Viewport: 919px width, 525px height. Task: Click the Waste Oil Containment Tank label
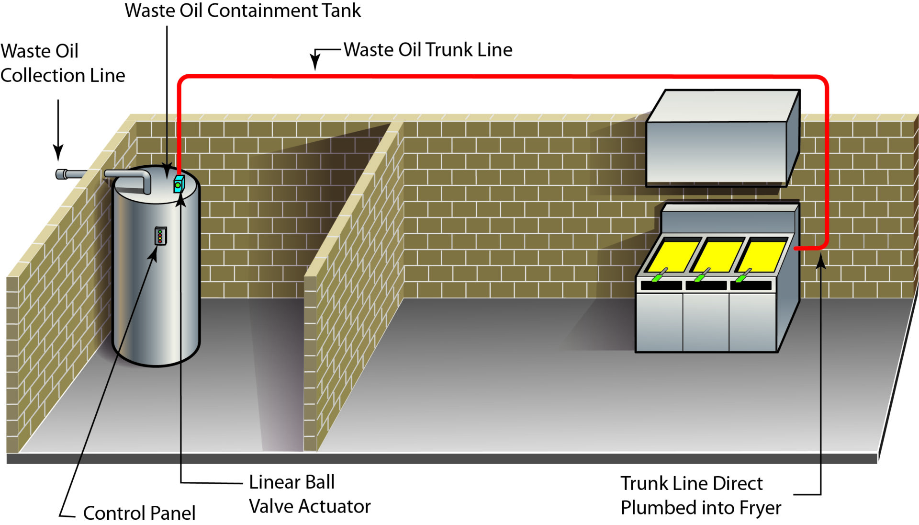coord(243,11)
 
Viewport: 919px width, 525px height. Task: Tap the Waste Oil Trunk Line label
coord(427,49)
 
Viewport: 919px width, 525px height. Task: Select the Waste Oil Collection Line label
coord(62,63)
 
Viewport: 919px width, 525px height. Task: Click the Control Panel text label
coord(139,513)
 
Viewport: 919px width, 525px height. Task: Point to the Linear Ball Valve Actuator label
coord(309,494)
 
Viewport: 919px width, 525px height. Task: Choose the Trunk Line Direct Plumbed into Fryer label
coord(700,495)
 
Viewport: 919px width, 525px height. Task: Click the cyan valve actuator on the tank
coord(179,184)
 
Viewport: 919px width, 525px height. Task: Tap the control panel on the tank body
coord(160,236)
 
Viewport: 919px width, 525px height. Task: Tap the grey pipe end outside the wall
coord(62,174)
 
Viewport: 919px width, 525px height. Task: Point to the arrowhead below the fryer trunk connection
coord(820,262)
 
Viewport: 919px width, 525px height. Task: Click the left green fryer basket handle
coord(659,276)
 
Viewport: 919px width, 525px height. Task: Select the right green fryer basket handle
coord(743,275)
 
